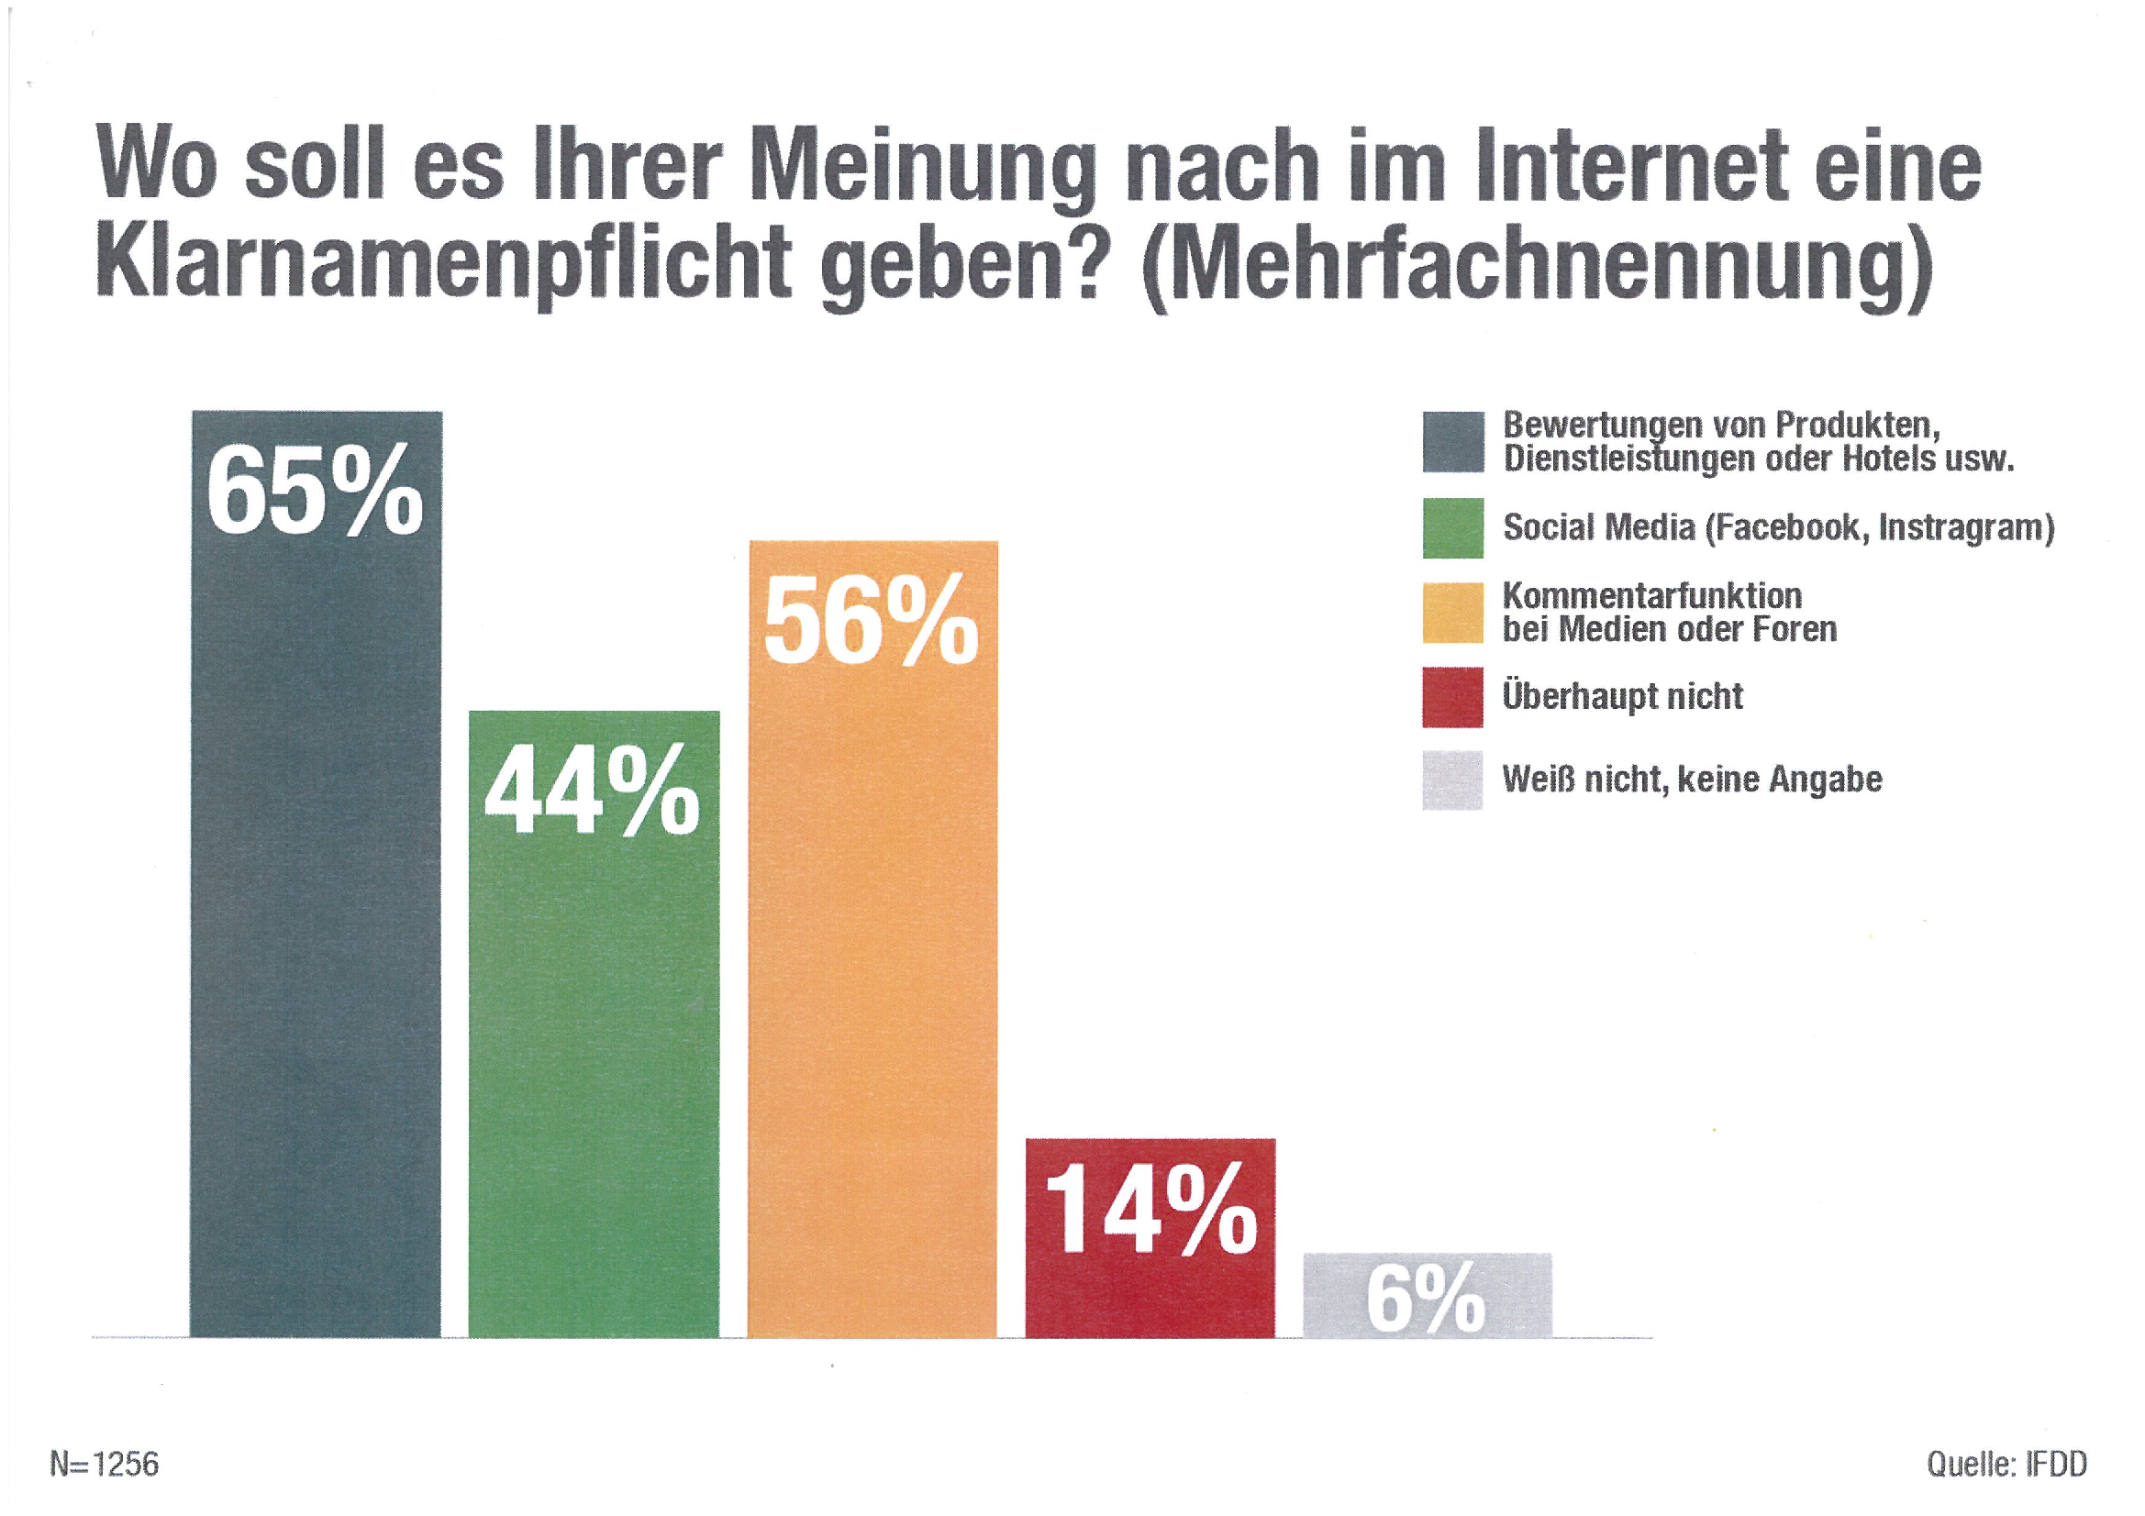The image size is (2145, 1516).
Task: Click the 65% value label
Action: (x=315, y=491)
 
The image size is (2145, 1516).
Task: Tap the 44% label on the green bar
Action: (x=593, y=792)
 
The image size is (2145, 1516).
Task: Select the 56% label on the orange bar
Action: (x=871, y=621)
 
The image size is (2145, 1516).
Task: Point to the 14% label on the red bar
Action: (x=1150, y=1210)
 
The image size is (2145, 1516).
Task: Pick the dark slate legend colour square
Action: (x=1452, y=442)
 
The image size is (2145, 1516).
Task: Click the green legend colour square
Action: (x=1452, y=527)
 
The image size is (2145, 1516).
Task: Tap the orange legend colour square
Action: (x=1452, y=613)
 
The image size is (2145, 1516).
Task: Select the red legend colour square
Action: (x=1452, y=697)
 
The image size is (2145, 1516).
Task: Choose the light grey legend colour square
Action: (x=1452, y=780)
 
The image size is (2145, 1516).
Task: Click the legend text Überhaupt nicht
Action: (x=1622, y=696)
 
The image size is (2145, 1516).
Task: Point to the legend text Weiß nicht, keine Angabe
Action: (x=1692, y=779)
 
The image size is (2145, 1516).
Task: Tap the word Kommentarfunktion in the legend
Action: (x=1651, y=595)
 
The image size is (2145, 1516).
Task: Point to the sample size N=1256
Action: (x=105, y=1464)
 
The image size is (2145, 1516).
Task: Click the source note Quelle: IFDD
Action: (x=2006, y=1464)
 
